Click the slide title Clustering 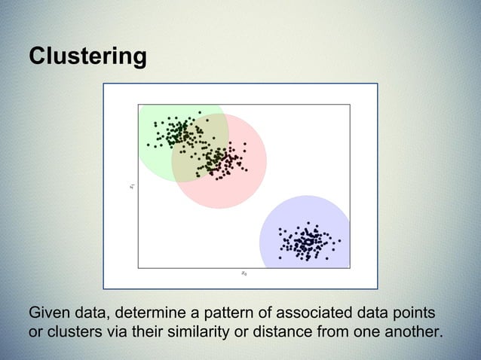[87, 57]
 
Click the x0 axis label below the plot [244, 273]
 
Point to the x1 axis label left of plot [131, 185]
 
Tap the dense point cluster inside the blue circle [306, 242]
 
